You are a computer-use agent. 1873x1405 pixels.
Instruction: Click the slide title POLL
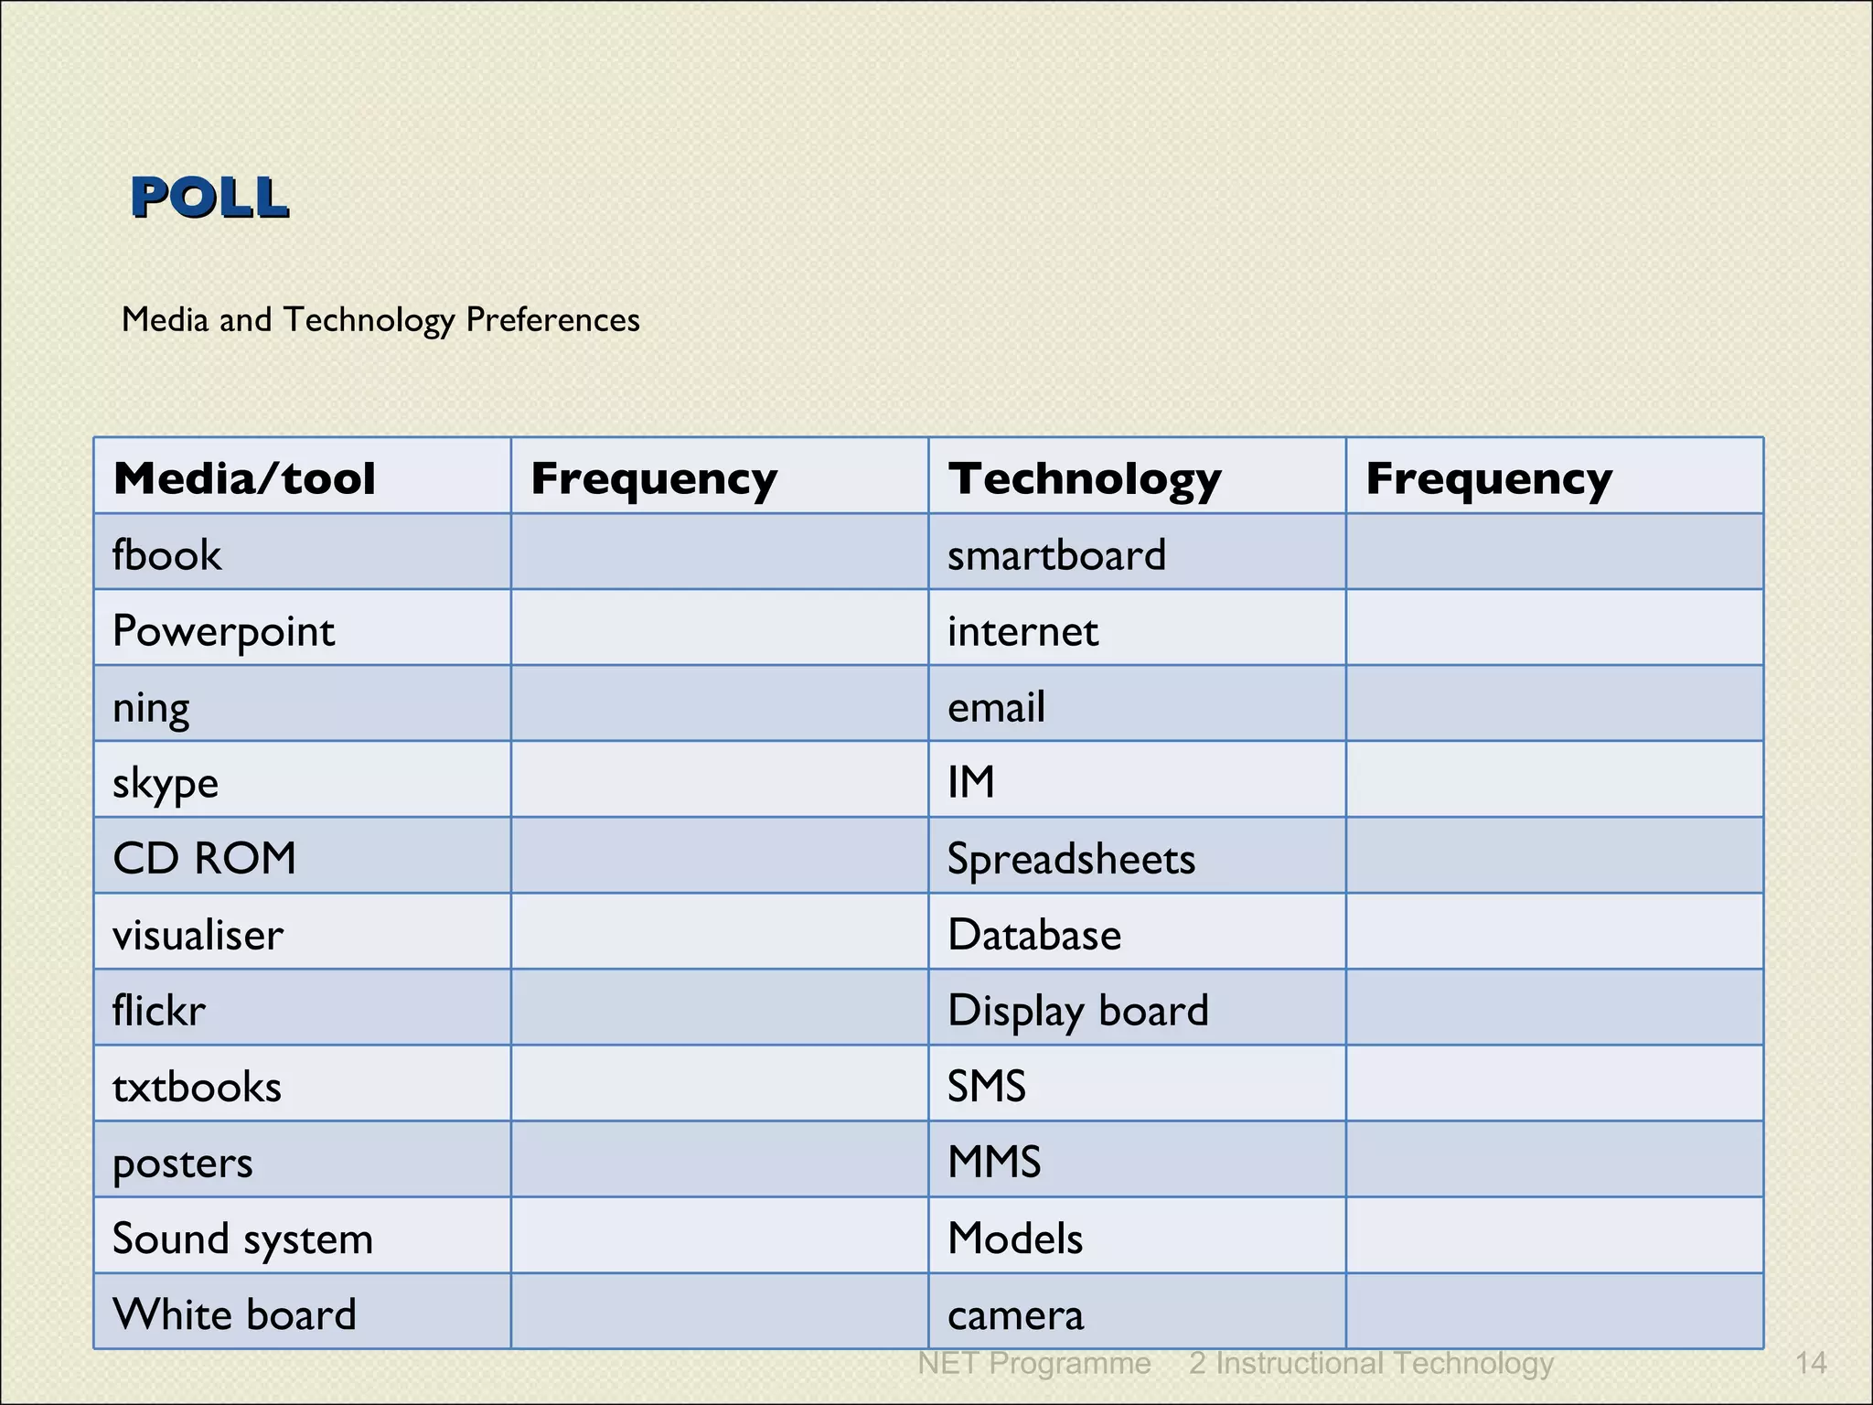209,198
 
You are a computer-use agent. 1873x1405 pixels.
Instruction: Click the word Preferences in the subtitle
552,320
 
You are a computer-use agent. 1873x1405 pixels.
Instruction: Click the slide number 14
1811,1364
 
